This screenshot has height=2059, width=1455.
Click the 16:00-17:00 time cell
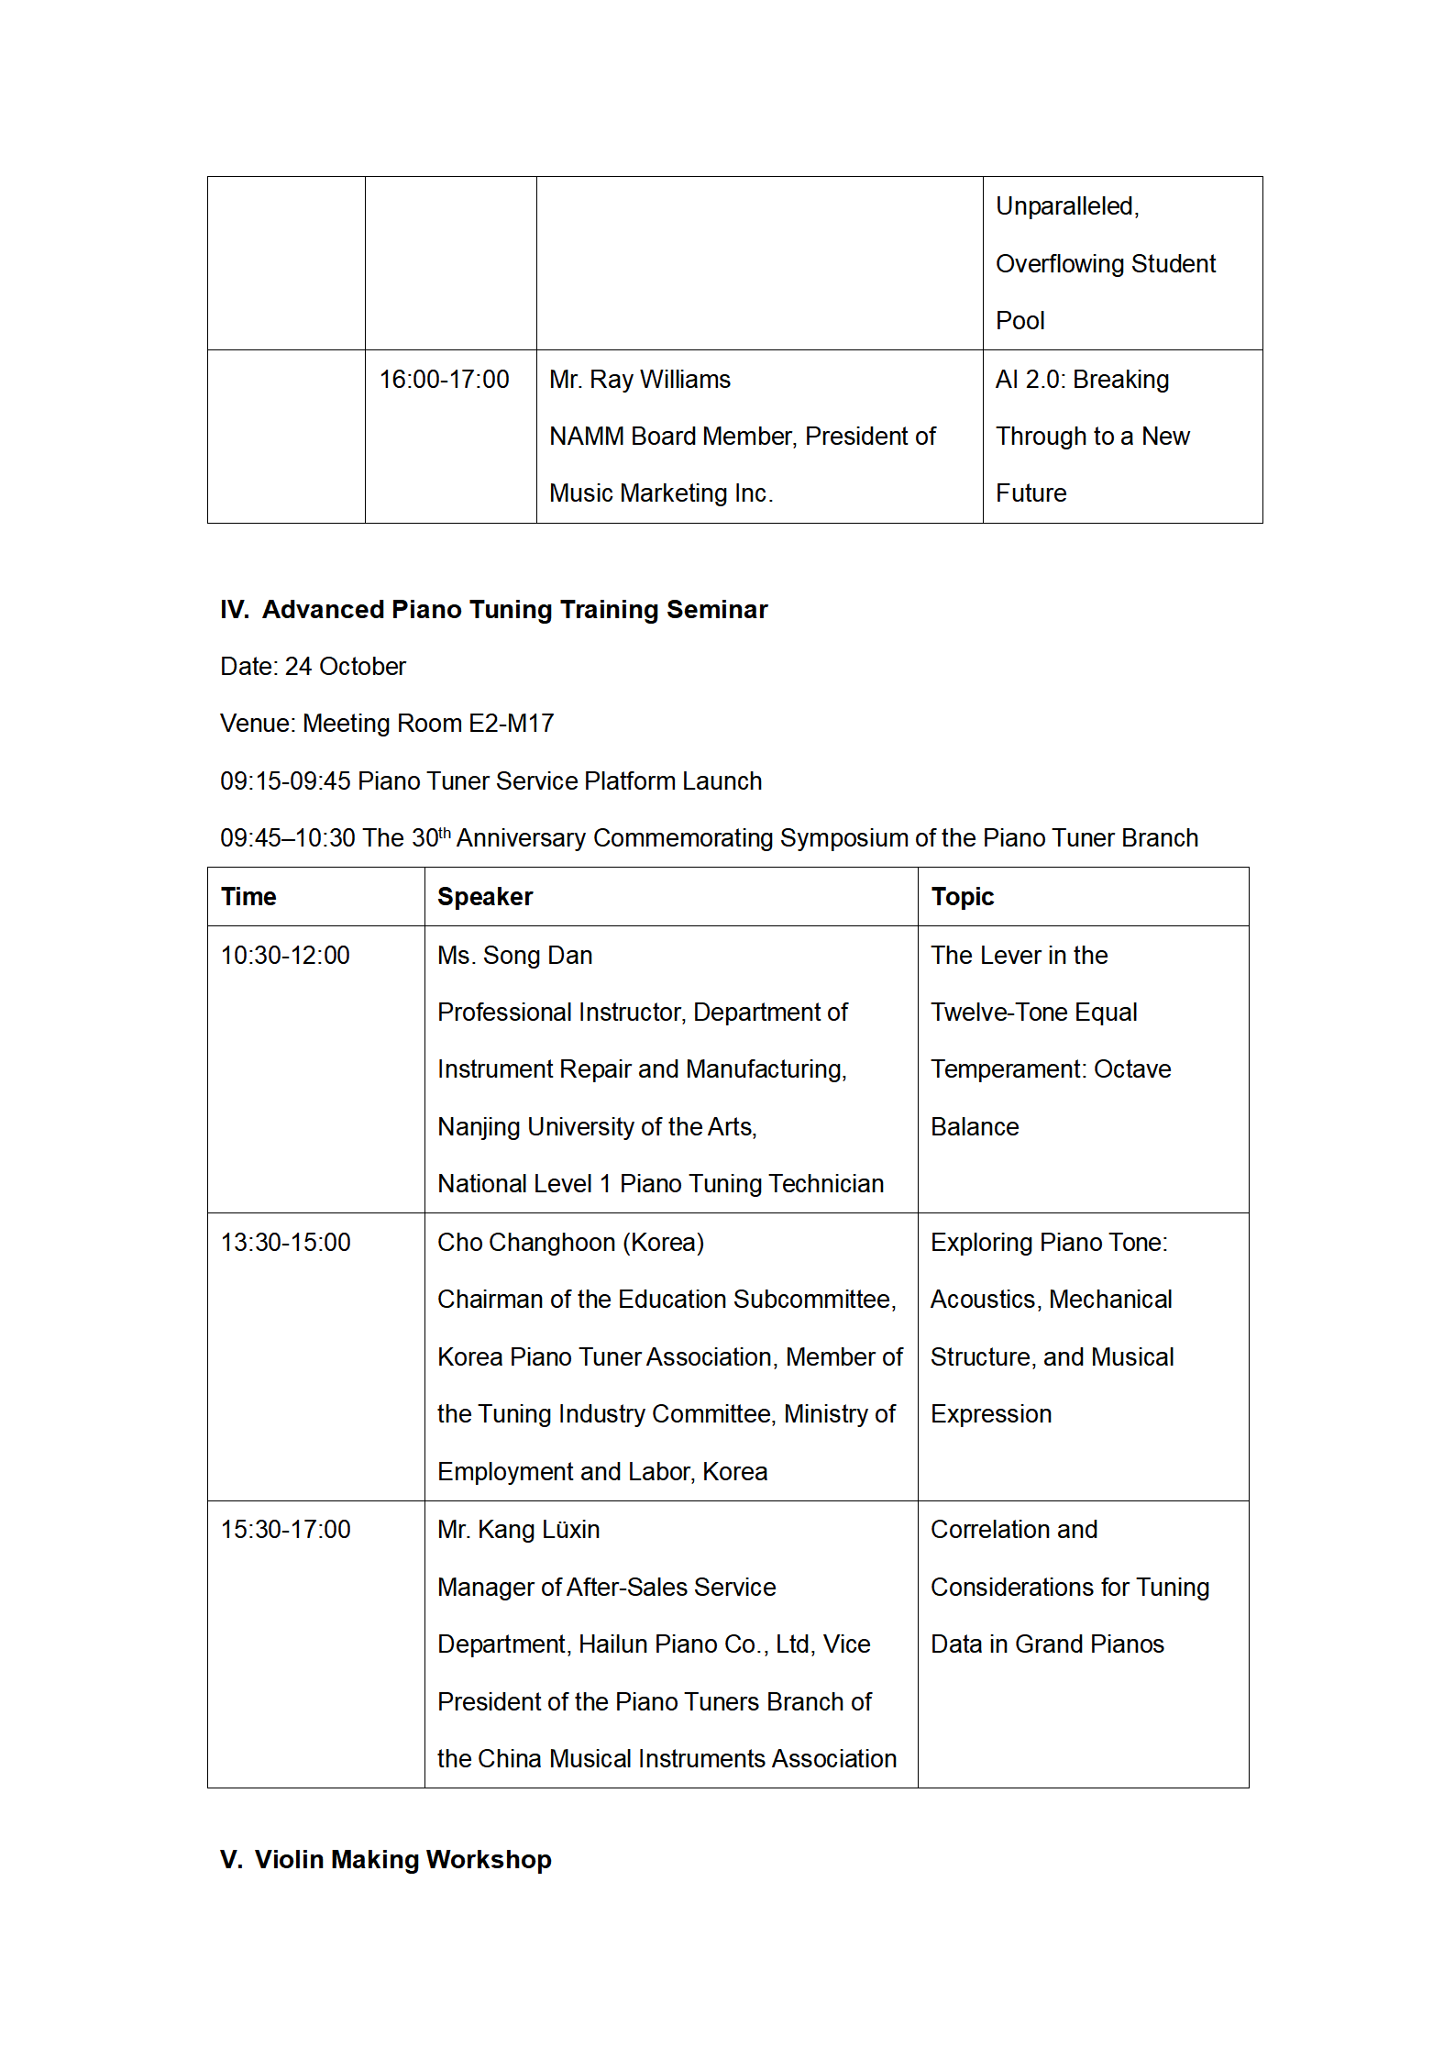[444, 380]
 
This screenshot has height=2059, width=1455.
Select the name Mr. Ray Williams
[639, 380]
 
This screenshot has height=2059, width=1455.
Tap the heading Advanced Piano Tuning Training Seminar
[514, 610]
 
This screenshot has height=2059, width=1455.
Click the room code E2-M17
[511, 724]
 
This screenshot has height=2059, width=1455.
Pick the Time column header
[248, 897]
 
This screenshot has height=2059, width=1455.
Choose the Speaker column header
[485, 897]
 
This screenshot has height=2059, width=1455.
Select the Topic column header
[962, 897]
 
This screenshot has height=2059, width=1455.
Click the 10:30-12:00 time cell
[285, 956]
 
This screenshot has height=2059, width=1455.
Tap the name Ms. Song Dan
[514, 956]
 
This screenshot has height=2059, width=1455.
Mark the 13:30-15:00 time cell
[285, 1243]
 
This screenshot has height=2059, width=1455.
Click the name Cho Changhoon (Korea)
[570, 1243]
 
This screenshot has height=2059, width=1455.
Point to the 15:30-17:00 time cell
[285, 1530]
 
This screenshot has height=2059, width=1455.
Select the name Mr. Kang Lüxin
[518, 1530]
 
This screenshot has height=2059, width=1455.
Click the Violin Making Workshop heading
[402, 1860]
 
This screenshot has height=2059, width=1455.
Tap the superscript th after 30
[445, 833]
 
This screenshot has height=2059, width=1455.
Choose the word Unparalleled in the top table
[1065, 206]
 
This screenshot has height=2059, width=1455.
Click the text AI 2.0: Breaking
[1082, 380]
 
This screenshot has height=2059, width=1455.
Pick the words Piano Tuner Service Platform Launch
[559, 781]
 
